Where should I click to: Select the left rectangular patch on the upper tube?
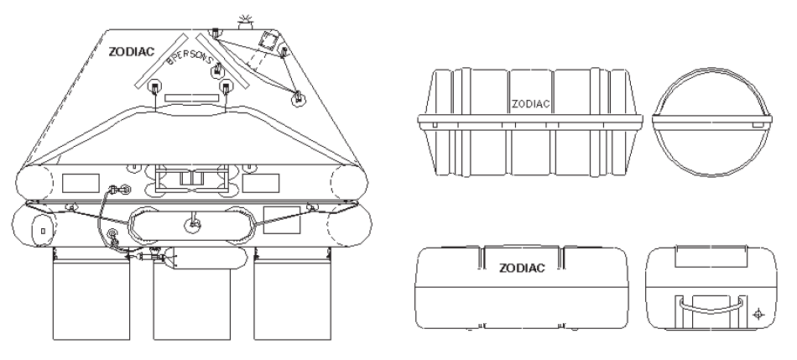tap(79, 180)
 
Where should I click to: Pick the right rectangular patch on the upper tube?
tap(261, 180)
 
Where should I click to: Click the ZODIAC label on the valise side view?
tap(523, 269)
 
